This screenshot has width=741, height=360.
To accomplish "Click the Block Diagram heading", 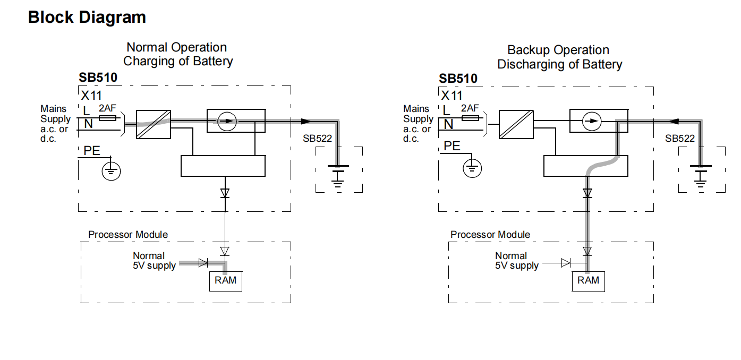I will (87, 17).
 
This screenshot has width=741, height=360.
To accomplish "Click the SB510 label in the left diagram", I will (98, 78).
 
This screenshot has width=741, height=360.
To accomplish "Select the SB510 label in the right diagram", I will (458, 79).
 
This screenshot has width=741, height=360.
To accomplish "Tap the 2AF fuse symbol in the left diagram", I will (108, 118).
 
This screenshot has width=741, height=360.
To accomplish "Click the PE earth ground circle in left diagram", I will (111, 171).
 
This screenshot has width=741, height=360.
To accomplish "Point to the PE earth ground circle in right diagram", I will (471, 168).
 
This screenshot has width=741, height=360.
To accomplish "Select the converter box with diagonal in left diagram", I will (154, 124).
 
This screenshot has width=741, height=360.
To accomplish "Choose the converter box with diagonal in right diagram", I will (516, 124).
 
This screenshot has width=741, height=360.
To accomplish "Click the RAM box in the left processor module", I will (226, 281).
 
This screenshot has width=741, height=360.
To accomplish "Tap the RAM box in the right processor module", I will (588, 281).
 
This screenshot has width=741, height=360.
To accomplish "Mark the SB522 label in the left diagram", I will (318, 139).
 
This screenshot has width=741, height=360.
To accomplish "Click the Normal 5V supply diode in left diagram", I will (202, 262).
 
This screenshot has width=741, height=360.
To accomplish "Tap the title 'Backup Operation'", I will (558, 50).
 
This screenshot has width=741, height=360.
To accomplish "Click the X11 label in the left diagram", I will (91, 96).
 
